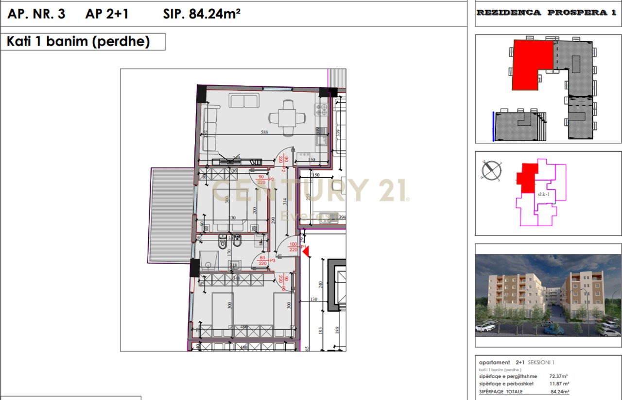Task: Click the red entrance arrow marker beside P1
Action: pyautogui.click(x=305, y=250)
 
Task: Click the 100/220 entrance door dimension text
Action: pyautogui.click(x=293, y=247)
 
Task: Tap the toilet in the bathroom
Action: pyautogui.click(x=223, y=243)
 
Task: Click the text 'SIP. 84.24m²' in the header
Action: pyautogui.click(x=202, y=14)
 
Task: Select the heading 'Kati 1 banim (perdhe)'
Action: pyautogui.click(x=78, y=42)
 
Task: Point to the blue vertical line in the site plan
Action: pyautogui.click(x=493, y=126)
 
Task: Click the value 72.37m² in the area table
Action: pyautogui.click(x=559, y=376)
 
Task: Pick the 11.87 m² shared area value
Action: pyautogui.click(x=559, y=383)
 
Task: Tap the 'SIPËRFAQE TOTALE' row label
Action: pyautogui.click(x=501, y=391)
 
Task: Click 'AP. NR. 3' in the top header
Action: pyautogui.click(x=36, y=14)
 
